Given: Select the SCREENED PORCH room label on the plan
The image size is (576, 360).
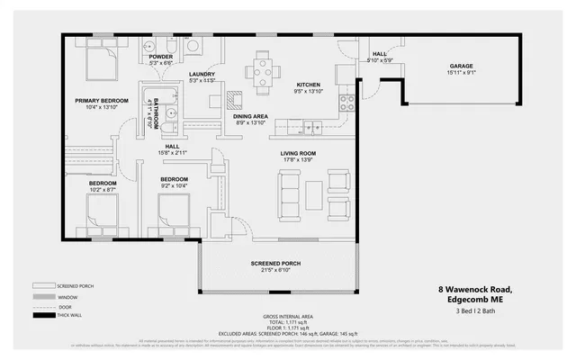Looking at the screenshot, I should [x=275, y=263].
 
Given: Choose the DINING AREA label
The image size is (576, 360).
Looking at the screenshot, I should [x=249, y=116].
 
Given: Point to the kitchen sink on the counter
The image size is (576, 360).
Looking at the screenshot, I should [x=312, y=128].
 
